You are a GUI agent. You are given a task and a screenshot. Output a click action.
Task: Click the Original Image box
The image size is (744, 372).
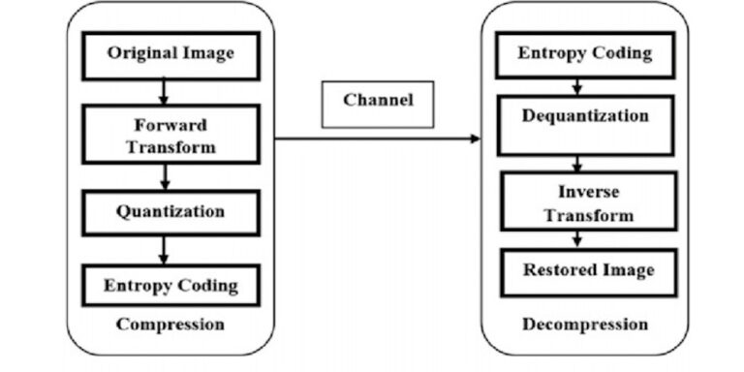(x=170, y=54)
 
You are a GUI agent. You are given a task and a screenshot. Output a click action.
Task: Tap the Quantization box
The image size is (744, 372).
(x=170, y=210)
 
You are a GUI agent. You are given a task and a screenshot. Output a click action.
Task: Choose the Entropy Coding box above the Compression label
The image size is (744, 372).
(x=170, y=285)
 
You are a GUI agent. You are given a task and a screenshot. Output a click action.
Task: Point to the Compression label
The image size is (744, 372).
(x=170, y=324)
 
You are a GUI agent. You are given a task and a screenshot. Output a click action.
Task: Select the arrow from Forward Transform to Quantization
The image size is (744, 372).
(x=165, y=176)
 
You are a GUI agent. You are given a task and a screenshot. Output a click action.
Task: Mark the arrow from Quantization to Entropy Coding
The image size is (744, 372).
(x=165, y=249)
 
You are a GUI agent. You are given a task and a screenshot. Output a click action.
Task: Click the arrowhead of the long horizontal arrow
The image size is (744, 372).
(x=475, y=139)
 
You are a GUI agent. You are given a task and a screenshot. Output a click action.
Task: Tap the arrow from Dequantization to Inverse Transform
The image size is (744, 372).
(x=578, y=163)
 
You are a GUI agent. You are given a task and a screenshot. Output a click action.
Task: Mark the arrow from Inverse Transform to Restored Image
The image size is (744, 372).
(x=578, y=239)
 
